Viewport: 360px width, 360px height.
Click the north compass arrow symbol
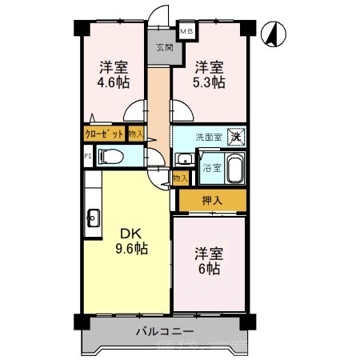pyautogui.click(x=272, y=34)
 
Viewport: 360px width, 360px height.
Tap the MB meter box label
pyautogui.click(x=186, y=32)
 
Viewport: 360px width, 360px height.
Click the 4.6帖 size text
pyautogui.click(x=114, y=82)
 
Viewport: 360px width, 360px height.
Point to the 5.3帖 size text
pyautogui.click(x=209, y=82)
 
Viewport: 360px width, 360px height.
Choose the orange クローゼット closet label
pyautogui.click(x=104, y=135)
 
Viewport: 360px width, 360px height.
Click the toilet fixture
pyautogui.click(x=113, y=157)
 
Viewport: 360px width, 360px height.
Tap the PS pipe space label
pyautogui.click(x=87, y=157)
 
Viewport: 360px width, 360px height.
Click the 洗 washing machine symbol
pyautogui.click(x=236, y=136)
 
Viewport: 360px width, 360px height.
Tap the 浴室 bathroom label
pyautogui.click(x=211, y=168)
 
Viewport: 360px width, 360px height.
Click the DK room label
pyautogui.click(x=132, y=233)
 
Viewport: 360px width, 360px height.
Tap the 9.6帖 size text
pyautogui.click(x=132, y=249)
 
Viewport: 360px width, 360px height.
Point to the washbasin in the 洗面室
pyautogui.click(x=181, y=158)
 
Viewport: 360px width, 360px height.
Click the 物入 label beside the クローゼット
pyautogui.click(x=135, y=135)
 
